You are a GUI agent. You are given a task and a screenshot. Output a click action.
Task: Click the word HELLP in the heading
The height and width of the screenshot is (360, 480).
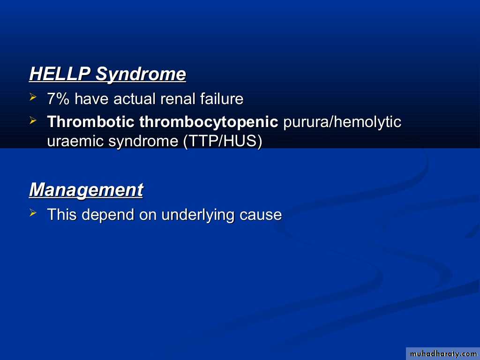pos(60,74)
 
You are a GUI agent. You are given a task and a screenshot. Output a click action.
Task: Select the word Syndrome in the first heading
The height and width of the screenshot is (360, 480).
pos(141,75)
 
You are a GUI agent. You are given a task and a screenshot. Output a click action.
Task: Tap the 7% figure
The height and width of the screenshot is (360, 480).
pos(58,99)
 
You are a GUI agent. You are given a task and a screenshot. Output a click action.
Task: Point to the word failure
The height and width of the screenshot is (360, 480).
pos(222,99)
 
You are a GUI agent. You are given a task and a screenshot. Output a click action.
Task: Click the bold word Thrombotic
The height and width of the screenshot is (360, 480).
pos(90,121)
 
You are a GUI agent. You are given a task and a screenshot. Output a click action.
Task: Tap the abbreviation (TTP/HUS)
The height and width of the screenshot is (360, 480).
pos(223,142)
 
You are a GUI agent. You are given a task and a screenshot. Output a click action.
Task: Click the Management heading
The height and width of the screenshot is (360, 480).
pos(86,190)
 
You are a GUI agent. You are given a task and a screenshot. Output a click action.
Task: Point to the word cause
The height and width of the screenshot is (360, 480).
pos(261,215)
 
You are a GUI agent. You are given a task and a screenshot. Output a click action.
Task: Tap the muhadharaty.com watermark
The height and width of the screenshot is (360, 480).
pos(443,354)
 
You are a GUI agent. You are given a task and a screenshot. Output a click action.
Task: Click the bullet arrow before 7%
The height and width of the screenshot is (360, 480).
pos(33,97)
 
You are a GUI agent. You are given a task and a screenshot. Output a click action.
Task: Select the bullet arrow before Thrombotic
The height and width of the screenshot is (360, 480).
pos(33,120)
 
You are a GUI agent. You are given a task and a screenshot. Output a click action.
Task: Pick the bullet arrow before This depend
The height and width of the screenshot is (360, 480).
pos(33,213)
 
